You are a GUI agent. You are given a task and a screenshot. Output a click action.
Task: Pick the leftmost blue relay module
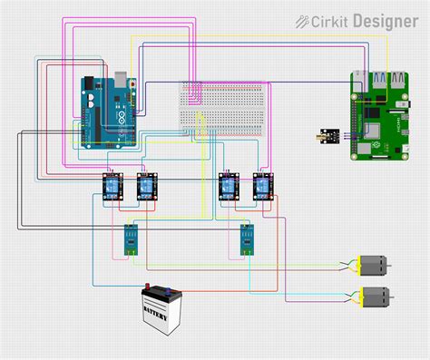112,186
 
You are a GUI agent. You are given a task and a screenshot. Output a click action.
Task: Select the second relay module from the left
145,186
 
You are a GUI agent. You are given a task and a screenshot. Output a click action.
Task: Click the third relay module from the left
229,186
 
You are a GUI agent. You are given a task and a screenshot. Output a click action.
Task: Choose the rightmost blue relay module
262,186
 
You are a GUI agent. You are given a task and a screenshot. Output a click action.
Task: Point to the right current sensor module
247,239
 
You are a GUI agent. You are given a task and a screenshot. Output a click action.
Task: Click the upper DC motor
372,266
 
